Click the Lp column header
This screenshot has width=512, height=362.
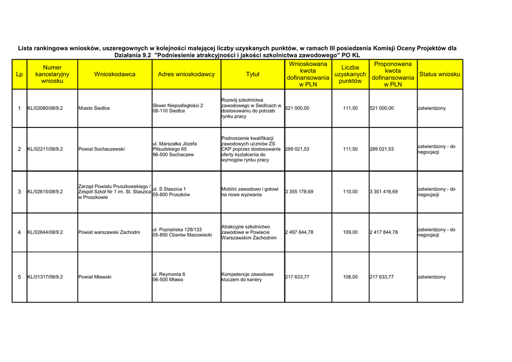19,74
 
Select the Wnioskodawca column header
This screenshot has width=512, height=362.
114,74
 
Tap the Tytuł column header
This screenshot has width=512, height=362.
252,74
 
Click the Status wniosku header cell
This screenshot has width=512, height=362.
439,74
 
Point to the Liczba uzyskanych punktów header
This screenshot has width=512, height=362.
350,74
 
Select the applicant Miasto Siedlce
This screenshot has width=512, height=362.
94,108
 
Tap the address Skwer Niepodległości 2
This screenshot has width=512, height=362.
177,105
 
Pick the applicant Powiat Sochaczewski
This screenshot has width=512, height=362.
101,149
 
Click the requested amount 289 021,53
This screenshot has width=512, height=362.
297,149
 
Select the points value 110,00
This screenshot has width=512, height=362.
350,191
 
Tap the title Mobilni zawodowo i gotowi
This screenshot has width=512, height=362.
249,189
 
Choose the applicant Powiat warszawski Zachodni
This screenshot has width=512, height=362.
109,232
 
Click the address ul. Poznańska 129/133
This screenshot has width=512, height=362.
177,229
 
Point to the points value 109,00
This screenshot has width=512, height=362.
350,232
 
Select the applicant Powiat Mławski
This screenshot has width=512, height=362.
95,277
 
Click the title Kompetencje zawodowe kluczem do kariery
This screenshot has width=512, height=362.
247,277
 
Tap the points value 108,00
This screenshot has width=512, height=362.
350,277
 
